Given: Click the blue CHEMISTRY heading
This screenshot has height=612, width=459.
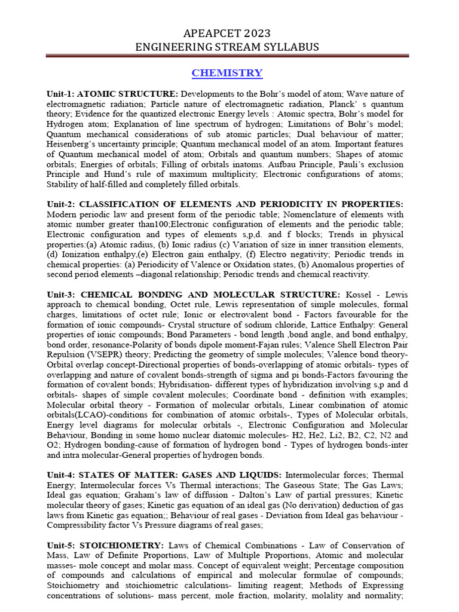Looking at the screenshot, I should coord(227,73).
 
